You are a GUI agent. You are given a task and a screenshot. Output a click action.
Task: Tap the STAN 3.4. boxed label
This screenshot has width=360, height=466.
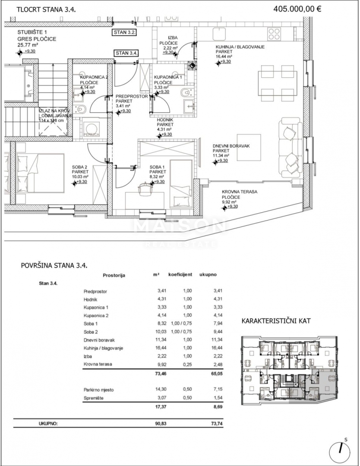(127, 54)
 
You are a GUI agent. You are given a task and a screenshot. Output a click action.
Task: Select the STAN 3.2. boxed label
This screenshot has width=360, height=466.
(125, 32)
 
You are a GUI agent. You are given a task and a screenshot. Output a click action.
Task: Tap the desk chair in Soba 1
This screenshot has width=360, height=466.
(145, 189)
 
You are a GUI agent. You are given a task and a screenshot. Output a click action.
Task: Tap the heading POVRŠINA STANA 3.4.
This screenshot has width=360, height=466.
(54, 265)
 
